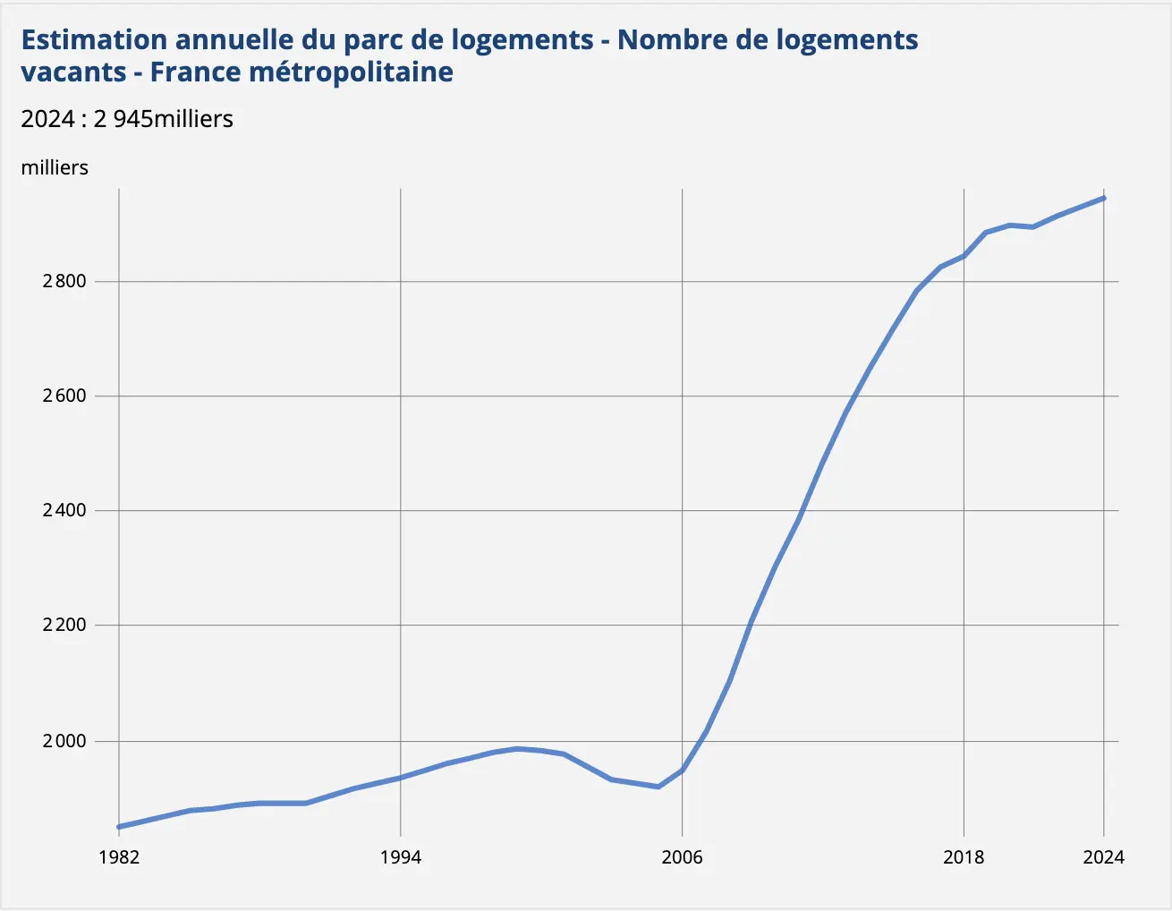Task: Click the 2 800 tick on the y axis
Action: (64, 281)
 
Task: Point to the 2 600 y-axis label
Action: (64, 396)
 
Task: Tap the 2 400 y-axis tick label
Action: (64, 510)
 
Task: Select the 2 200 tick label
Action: (64, 625)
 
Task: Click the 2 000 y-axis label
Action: (64, 741)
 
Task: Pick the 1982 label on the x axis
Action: (119, 857)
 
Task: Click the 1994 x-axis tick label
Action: (400, 857)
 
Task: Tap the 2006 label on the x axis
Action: (682, 857)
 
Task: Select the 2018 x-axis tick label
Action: (964, 857)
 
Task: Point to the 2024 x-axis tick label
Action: (1103, 857)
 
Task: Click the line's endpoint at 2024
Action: (1104, 198)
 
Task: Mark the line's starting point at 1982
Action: (119, 827)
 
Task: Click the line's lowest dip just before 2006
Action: (658, 787)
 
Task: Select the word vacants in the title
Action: (73, 72)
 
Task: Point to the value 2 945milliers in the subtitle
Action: (163, 119)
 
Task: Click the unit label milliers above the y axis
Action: (55, 167)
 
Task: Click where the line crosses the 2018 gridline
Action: (964, 256)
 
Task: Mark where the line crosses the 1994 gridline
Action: (400, 778)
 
